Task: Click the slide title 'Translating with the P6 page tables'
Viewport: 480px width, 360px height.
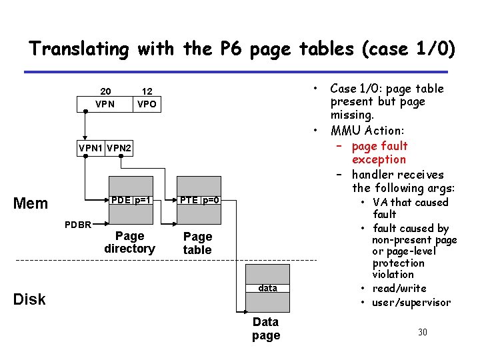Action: [242, 49]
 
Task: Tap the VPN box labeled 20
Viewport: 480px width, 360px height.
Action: [105, 103]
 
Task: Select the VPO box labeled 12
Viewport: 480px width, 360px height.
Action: [147, 103]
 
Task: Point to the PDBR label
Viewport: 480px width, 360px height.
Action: [77, 224]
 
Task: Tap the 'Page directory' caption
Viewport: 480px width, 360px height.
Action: [129, 242]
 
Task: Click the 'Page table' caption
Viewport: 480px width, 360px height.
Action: [197, 243]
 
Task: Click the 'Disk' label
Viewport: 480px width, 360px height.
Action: [30, 299]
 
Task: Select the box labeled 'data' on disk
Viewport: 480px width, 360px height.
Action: [267, 288]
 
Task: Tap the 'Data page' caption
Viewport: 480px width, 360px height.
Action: [266, 329]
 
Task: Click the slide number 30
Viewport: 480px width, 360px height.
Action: [422, 332]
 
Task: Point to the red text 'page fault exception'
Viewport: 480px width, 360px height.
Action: [379, 153]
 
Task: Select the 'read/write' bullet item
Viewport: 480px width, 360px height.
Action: [399, 288]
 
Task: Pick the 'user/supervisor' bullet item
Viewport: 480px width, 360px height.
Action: [411, 303]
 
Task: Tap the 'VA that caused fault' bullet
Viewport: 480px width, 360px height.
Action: [410, 208]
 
